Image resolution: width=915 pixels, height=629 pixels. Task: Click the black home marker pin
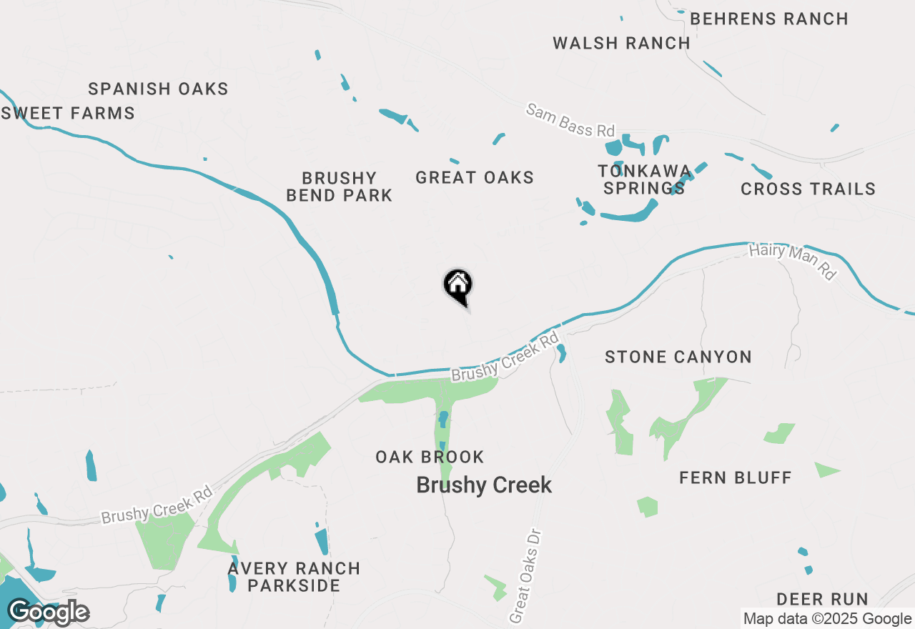click(x=458, y=286)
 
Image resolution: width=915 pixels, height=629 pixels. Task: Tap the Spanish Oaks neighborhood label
click(x=158, y=89)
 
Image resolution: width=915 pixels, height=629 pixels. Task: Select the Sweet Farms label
click(x=69, y=113)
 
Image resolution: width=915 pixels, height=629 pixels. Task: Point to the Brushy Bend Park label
click(x=339, y=187)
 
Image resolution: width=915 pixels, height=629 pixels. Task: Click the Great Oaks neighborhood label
click(x=475, y=177)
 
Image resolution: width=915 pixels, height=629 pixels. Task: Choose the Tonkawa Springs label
click(x=644, y=179)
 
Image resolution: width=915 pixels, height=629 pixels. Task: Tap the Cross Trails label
click(x=808, y=189)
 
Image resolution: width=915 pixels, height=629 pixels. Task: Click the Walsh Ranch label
click(x=621, y=43)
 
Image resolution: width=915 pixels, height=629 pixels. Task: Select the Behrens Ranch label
click(x=769, y=19)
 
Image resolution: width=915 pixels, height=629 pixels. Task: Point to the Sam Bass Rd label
click(x=570, y=120)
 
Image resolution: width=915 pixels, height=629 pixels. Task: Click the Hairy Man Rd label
click(x=792, y=261)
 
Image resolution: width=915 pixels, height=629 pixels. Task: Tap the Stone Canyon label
click(x=678, y=357)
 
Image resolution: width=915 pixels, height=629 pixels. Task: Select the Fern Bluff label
click(x=735, y=477)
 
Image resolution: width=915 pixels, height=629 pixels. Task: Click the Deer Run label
click(x=822, y=599)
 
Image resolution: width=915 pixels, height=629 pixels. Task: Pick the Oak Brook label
click(x=430, y=457)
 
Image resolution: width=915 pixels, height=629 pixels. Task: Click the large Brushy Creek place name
click(x=484, y=485)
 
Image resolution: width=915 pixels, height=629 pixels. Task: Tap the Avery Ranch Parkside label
click(x=294, y=577)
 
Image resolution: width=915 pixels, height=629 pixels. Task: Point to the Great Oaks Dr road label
click(x=526, y=576)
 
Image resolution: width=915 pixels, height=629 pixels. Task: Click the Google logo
click(x=49, y=612)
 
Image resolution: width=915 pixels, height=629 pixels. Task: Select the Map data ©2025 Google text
click(x=827, y=619)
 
